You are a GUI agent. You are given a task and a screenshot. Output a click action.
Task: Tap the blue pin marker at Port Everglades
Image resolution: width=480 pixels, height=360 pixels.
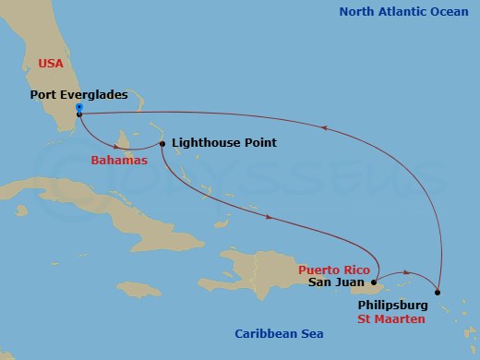[79, 108]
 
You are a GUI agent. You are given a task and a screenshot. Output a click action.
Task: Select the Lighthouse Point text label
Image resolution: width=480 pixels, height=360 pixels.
[223, 143]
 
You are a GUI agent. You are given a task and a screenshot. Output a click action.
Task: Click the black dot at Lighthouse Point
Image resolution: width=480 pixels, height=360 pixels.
[162, 143]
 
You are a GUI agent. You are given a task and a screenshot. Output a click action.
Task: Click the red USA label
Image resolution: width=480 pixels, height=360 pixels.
[52, 63]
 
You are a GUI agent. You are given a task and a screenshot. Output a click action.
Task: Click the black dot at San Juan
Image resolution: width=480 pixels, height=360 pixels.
[374, 283]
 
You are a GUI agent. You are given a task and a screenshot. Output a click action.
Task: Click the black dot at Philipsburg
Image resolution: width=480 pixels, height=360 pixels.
[438, 293]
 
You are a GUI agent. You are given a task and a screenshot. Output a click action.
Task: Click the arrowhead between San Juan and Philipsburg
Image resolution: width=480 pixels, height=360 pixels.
[407, 274]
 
